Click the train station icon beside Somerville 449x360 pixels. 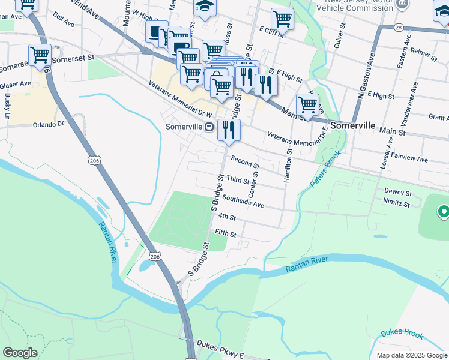click(x=209, y=127)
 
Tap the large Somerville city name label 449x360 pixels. click(x=353, y=126)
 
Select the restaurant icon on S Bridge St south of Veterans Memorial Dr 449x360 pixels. click(x=229, y=130)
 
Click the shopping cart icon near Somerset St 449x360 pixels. click(x=40, y=55)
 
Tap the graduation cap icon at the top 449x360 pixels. click(x=204, y=7)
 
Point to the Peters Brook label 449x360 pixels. click(x=327, y=168)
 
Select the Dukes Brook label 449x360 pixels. click(x=402, y=334)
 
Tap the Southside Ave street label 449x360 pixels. click(x=243, y=201)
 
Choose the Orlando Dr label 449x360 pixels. click(x=48, y=124)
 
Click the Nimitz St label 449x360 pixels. click(x=397, y=204)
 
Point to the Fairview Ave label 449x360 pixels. click(x=409, y=157)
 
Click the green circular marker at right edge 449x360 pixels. click(x=444, y=211)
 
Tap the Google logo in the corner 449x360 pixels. click(x=20, y=353)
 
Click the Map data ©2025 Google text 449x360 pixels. click(x=411, y=355)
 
